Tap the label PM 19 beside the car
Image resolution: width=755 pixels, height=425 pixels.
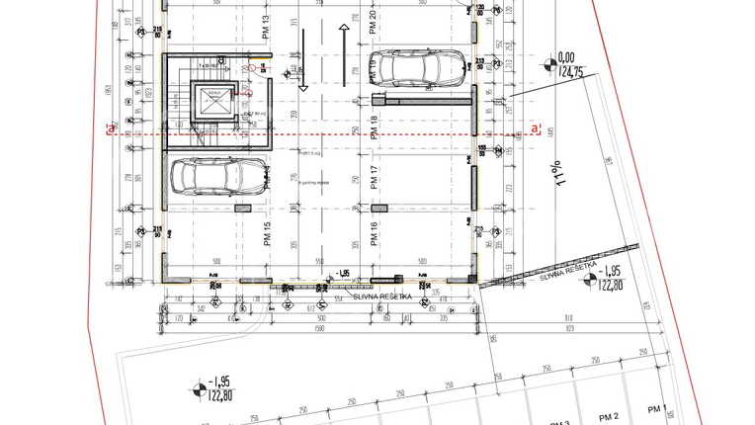point(374,71)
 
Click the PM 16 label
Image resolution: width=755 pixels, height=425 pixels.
point(374,234)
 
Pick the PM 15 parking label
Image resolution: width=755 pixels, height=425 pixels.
point(267,234)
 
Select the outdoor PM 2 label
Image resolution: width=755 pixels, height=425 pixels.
point(609,416)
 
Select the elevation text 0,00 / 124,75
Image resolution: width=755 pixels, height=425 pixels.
point(567,65)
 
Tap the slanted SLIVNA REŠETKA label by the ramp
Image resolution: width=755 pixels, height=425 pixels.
point(567,268)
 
